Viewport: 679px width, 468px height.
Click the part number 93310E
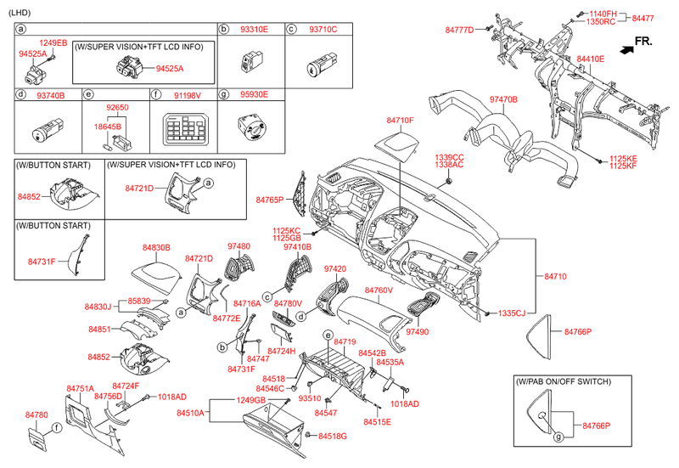click(250, 29)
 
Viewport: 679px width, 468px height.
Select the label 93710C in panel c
click(320, 29)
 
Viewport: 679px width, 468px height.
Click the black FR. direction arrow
click(626, 50)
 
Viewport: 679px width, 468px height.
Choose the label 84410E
click(590, 59)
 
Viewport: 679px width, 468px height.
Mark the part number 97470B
click(503, 100)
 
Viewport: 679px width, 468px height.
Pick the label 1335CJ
click(512, 313)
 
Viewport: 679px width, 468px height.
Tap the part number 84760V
click(379, 290)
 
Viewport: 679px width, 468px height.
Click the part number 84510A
click(190, 413)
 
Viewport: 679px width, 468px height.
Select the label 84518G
click(333, 436)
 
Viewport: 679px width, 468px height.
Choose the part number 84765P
click(270, 199)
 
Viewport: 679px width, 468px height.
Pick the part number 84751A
click(80, 388)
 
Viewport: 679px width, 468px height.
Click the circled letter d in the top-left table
click(21, 96)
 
